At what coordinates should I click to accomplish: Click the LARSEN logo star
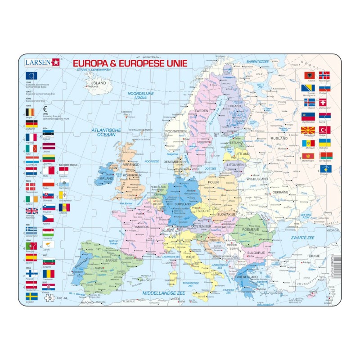pos(56,63)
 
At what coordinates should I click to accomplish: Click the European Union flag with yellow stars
pos(31,76)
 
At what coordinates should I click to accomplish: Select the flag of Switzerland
pos(323,103)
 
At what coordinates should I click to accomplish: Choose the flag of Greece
pos(31,230)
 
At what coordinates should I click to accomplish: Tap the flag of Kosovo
pos(324,169)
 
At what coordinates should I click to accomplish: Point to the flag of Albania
pos(308,76)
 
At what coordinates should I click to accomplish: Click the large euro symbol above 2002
pos(45,108)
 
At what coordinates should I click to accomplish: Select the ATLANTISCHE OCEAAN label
pos(107,132)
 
